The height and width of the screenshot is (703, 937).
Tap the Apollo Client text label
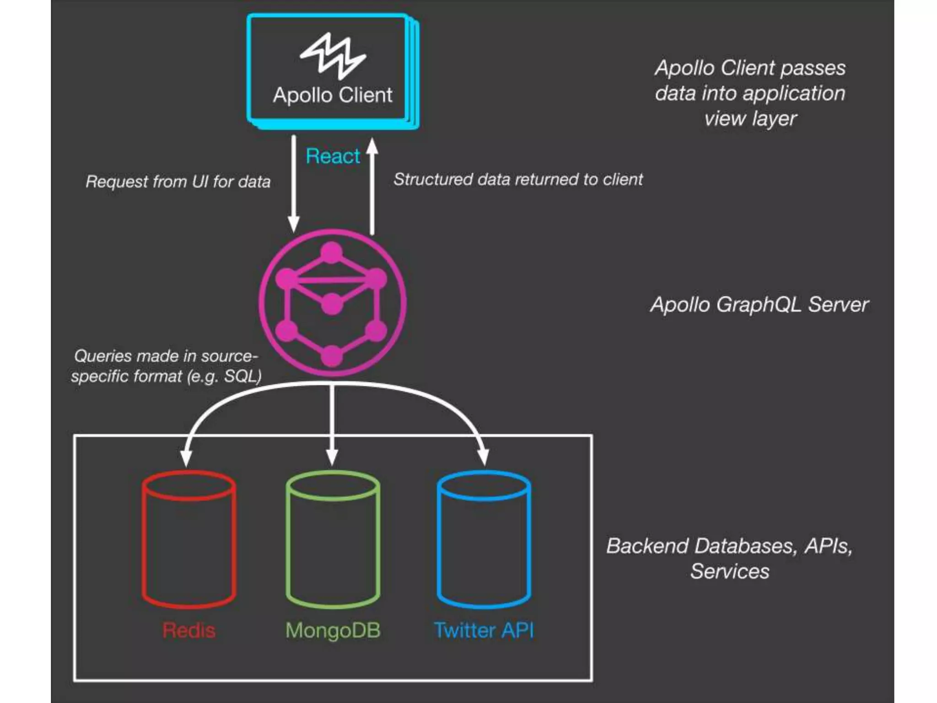pyautogui.click(x=333, y=95)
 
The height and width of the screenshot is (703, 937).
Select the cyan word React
pyautogui.click(x=333, y=156)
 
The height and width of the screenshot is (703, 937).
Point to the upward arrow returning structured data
pyautogui.click(x=372, y=183)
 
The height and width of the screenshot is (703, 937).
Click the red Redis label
pyautogui.click(x=189, y=630)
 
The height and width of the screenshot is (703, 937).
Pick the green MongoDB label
pyautogui.click(x=333, y=630)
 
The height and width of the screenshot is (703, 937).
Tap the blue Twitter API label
pyautogui.click(x=484, y=630)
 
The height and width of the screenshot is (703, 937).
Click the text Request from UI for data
pyautogui.click(x=178, y=182)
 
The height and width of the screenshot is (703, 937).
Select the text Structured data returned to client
pyautogui.click(x=518, y=179)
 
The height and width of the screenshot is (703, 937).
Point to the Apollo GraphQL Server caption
pyautogui.click(x=759, y=305)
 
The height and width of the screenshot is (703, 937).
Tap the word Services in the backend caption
pyautogui.click(x=730, y=571)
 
